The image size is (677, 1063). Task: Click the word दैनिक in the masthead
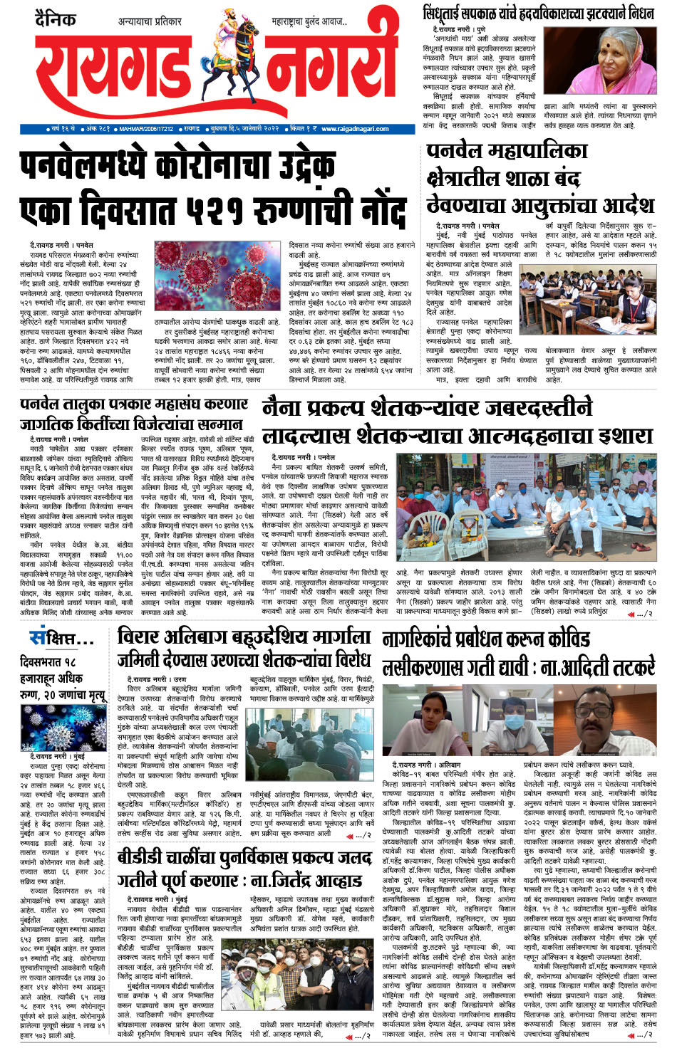pyautogui.click(x=56, y=19)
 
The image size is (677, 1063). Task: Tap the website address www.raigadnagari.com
pyautogui.click(x=355, y=129)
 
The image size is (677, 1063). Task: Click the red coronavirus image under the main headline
pyautogui.click(x=218, y=278)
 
